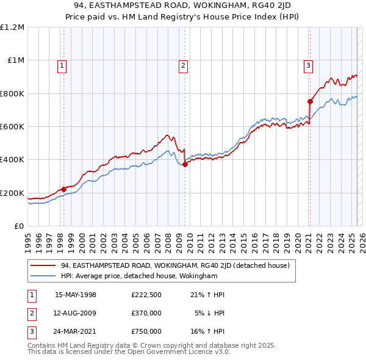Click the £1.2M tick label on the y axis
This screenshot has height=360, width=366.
click(x=12, y=27)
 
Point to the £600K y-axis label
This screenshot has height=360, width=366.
click(x=12, y=127)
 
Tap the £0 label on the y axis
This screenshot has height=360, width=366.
click(x=19, y=226)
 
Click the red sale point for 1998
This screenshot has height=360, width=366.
click(x=63, y=189)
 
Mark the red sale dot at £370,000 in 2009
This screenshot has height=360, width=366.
click(x=185, y=164)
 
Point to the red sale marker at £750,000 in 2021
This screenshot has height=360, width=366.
click(x=310, y=101)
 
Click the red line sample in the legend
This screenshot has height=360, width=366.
click(x=44, y=265)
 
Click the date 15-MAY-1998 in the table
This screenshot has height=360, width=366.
click(x=76, y=295)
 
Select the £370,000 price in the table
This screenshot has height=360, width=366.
click(x=146, y=313)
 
